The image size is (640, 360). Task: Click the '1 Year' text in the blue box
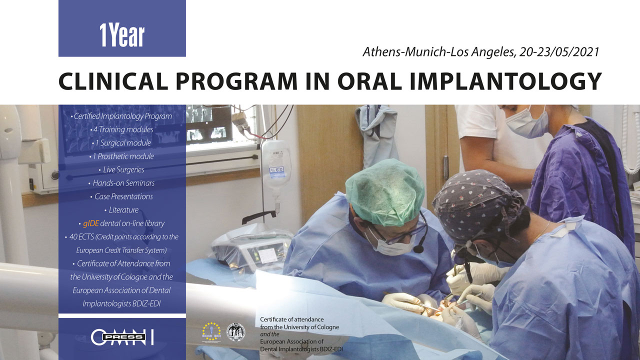click(x=122, y=35)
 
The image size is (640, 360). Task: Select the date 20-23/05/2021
click(x=557, y=51)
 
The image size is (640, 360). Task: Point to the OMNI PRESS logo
click(x=122, y=337)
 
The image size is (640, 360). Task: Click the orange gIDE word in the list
click(x=91, y=223)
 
